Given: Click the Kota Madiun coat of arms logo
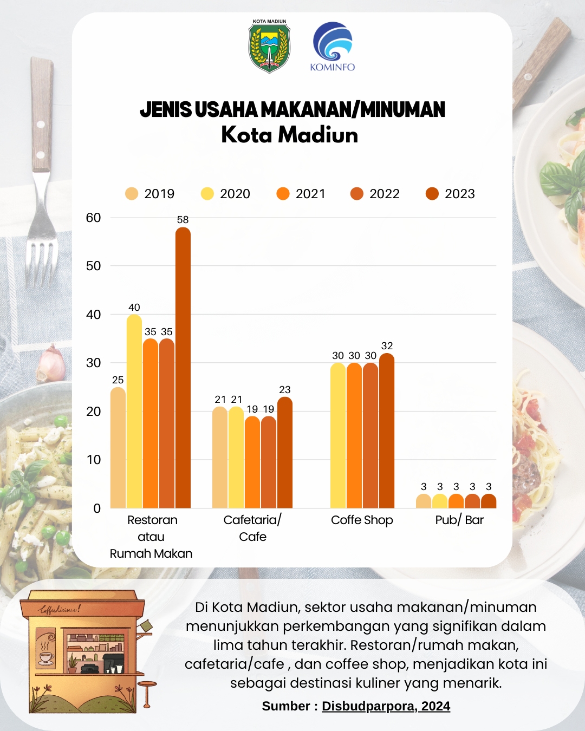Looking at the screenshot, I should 269,47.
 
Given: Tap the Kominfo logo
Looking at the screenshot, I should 332,47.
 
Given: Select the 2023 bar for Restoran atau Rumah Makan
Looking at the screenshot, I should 183,368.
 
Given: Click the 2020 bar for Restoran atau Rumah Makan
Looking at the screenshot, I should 134,412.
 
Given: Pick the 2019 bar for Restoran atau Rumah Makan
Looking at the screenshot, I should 118,448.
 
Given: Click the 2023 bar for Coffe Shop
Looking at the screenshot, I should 387,431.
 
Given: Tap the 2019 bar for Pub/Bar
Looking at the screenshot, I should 424,501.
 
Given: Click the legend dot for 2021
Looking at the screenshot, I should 283,194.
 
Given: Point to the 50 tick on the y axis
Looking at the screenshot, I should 94,266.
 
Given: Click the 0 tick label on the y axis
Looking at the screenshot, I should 97,508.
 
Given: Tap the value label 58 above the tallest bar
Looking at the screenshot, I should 183,220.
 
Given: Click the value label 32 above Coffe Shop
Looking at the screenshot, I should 387,346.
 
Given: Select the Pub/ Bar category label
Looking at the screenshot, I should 459,520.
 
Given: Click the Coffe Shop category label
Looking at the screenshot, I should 362,520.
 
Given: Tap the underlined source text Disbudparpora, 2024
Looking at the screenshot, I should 386,706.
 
